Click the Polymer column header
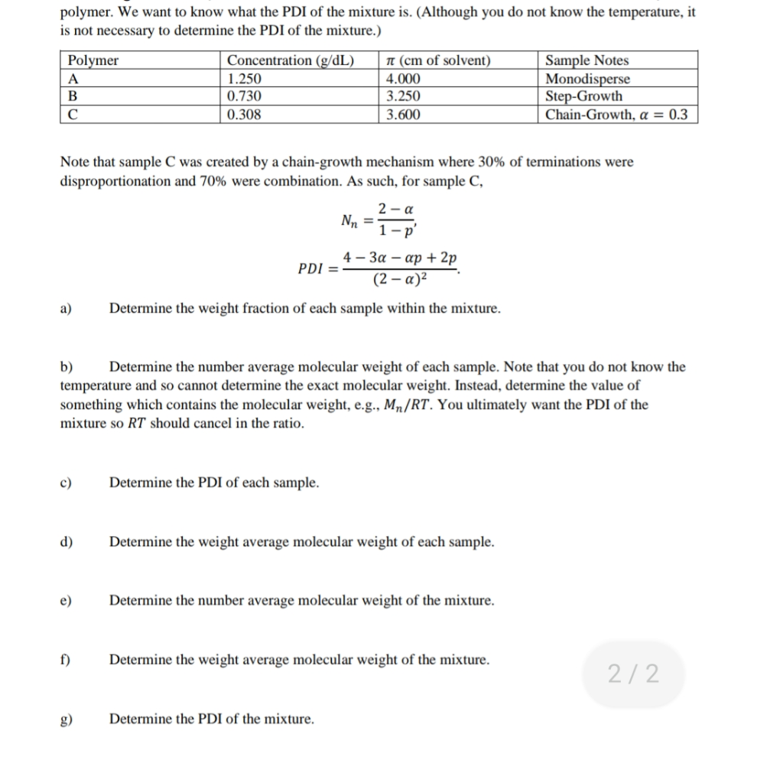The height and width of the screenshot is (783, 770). tap(93, 60)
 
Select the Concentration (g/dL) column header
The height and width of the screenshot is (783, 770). tap(291, 60)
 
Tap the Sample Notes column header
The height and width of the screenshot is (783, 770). tap(586, 60)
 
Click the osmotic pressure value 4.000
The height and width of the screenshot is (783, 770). tap(403, 79)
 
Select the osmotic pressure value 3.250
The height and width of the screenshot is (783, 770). tap(403, 96)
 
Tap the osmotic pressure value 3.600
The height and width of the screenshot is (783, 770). tap(403, 115)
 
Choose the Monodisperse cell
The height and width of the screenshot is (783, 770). tap(588, 79)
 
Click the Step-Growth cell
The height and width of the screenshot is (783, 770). tap(584, 96)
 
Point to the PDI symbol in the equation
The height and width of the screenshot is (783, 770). tap(311, 269)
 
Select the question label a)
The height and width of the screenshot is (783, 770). tap(67, 309)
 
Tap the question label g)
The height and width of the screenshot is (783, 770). tap(67, 720)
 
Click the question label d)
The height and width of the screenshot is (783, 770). tap(67, 542)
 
